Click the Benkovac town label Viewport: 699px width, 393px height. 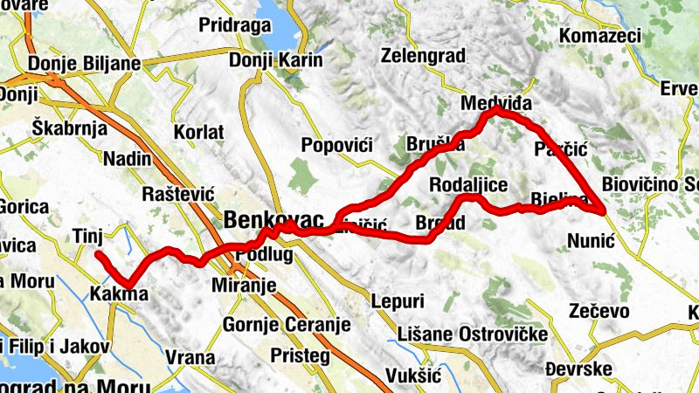(273, 218)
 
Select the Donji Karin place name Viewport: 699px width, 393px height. (275, 60)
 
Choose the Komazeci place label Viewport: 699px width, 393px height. (599, 36)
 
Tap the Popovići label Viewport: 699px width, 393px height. (336, 145)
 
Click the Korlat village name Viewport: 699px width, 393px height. (199, 131)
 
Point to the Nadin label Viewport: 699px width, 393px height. (127, 159)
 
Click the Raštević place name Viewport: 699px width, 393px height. (178, 194)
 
